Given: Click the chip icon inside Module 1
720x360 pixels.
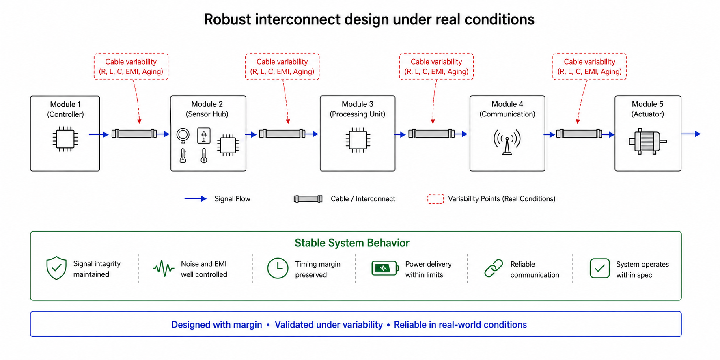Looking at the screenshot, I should (65, 139).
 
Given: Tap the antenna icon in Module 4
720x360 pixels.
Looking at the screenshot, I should (507, 142).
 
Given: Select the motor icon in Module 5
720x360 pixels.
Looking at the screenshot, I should (647, 141).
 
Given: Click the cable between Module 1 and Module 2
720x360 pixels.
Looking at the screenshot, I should (134, 134).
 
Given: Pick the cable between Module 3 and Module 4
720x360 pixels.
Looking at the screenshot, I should (431, 134).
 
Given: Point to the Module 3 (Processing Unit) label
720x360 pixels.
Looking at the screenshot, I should (357, 109).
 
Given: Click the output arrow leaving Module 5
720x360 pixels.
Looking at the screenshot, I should (691, 134).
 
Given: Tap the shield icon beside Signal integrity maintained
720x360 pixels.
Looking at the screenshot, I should (56, 268).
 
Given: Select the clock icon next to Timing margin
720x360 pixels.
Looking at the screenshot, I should (278, 268).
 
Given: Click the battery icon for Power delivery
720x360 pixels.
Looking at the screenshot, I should (384, 268).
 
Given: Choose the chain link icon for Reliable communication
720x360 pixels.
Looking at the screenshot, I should (494, 268).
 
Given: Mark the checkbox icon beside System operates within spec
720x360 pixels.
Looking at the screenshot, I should (599, 268).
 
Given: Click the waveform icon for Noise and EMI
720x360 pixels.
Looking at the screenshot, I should (164, 268).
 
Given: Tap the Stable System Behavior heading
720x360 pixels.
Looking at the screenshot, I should (352, 243).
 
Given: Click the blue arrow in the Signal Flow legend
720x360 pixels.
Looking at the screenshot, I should (196, 199).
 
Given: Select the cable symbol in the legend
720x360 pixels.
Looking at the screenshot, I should (308, 199).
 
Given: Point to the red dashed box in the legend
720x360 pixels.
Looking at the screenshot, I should (435, 199).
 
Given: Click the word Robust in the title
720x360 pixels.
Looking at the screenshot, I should (227, 19).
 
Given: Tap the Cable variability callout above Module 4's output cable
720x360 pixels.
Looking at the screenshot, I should (589, 67).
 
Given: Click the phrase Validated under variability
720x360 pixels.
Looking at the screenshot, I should (328, 325).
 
